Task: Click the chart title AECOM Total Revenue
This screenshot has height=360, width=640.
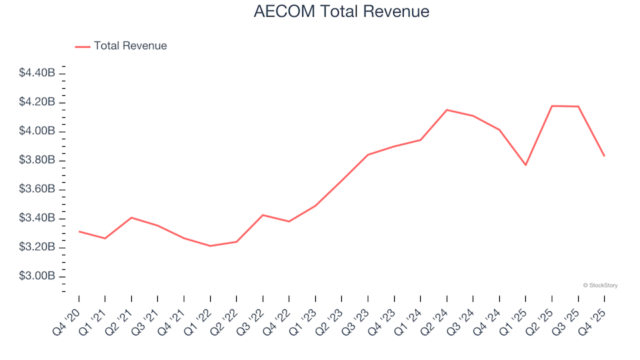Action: point(341,12)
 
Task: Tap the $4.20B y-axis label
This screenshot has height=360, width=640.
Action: point(37,102)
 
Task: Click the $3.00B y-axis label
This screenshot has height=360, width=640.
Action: point(37,277)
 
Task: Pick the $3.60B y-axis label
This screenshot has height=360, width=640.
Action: point(37,189)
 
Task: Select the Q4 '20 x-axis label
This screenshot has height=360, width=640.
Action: point(69,313)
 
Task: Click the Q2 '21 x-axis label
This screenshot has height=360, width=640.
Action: point(121,313)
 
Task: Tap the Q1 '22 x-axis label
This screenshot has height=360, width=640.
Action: point(200,313)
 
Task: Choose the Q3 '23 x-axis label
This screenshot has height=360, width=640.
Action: point(358,313)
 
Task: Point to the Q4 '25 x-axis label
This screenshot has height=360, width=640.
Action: point(595,313)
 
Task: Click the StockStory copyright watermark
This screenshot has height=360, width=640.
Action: point(600,285)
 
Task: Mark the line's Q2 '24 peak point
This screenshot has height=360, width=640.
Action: point(447,110)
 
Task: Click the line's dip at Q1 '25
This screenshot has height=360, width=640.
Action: point(525,165)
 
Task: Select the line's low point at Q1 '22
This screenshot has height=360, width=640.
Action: point(210,246)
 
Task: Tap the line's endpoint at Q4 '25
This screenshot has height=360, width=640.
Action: point(604,156)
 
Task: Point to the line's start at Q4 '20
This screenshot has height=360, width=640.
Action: point(79,231)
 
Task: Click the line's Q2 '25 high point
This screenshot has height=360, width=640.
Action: point(552,106)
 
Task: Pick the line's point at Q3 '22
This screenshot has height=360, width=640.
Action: point(263,215)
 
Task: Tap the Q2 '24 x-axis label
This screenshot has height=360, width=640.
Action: point(437,313)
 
